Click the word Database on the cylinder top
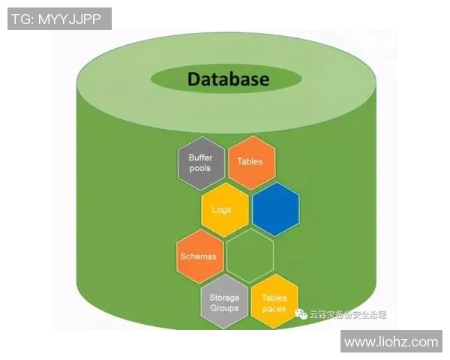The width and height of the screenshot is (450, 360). point(227,79)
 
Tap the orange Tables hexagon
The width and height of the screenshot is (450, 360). point(250,162)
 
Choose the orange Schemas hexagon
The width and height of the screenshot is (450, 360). point(199,256)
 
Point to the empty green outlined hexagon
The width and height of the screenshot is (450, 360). point(250,256)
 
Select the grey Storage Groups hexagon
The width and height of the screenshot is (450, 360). point(224,303)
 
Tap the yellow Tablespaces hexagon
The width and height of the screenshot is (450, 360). point(274,303)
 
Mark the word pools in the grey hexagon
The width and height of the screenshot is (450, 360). point(200,168)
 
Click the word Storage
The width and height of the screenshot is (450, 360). point(224,298)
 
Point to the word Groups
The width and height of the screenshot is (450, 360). point(224,308)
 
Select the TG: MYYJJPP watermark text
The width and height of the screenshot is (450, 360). point(59,19)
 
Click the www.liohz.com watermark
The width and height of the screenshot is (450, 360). point(390,342)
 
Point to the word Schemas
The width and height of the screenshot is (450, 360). point(199,256)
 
